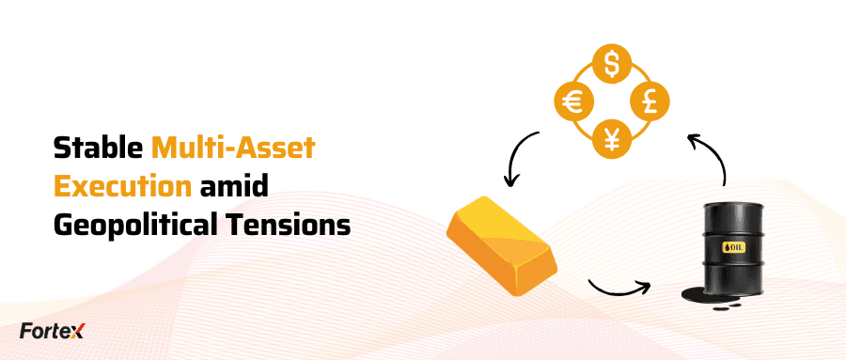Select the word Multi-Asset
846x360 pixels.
click(233, 148)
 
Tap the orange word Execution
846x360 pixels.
click(122, 186)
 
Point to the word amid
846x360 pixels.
click(234, 186)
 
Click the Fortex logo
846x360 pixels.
click(53, 330)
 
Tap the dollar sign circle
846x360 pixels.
click(612, 64)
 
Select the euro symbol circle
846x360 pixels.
click(574, 102)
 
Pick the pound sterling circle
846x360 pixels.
click(650, 102)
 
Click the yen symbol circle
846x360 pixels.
click(612, 139)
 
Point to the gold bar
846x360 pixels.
click(501, 245)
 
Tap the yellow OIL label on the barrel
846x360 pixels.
click(734, 247)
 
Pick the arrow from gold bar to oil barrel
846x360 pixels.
click(619, 291)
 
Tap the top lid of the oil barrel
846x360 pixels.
click(732, 205)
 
